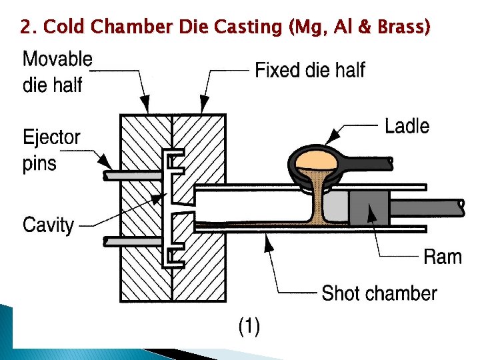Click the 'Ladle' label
tap(407, 125)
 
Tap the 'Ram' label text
tap(443, 257)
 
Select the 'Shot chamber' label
tap(379, 293)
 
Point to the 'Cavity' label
tap(48, 225)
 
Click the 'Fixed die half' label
tap(310, 70)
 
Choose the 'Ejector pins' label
tap(51, 150)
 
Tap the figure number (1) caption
tap(249, 326)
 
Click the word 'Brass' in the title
tap(403, 27)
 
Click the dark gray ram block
tap(369, 207)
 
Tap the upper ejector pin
tap(133, 175)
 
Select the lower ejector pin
tap(133, 240)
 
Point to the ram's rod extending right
tap(427, 207)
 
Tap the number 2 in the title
tap(26, 27)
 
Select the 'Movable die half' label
tap(57, 71)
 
